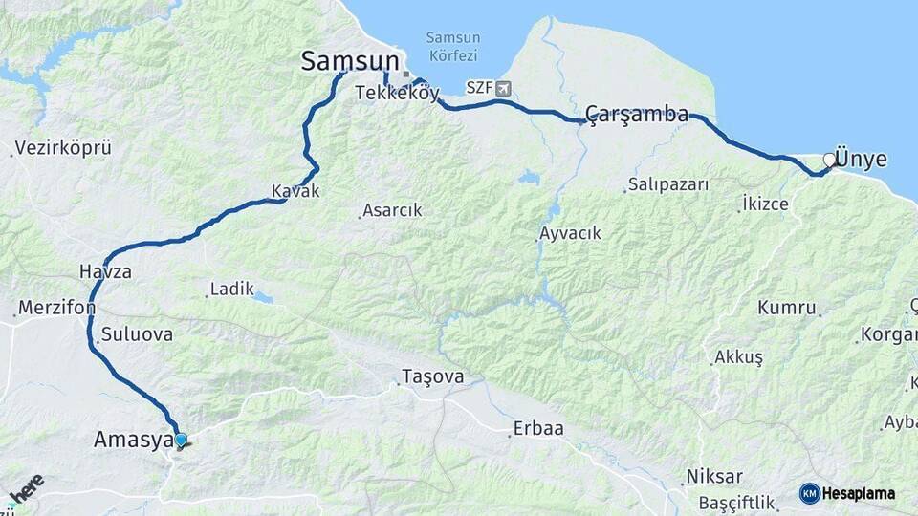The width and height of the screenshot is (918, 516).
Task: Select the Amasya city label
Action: pyautogui.click(x=133, y=440)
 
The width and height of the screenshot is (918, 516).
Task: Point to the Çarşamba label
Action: pyautogui.click(x=636, y=115)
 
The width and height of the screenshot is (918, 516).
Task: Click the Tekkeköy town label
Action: pyautogui.click(x=397, y=93)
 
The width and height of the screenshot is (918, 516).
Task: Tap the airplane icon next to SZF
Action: pyautogui.click(x=503, y=88)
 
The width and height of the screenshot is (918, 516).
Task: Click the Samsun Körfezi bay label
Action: pyautogui.click(x=452, y=47)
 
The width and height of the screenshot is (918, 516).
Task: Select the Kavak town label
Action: pyautogui.click(x=295, y=191)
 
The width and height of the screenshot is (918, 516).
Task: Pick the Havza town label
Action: pyautogui.click(x=105, y=271)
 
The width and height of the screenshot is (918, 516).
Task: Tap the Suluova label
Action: pyautogui.click(x=137, y=334)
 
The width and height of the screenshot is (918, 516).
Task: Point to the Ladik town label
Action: pyautogui.click(x=231, y=288)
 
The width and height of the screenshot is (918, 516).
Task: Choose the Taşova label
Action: pyautogui.click(x=433, y=376)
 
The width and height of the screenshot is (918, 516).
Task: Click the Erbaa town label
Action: pyautogui.click(x=538, y=428)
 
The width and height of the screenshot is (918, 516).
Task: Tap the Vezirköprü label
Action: pyautogui.click(x=65, y=148)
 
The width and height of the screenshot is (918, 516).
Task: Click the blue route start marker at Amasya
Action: pyautogui.click(x=180, y=440)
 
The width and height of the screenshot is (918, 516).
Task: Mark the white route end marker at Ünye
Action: pyautogui.click(x=829, y=160)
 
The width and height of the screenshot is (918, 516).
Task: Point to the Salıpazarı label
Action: pyautogui.click(x=668, y=184)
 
